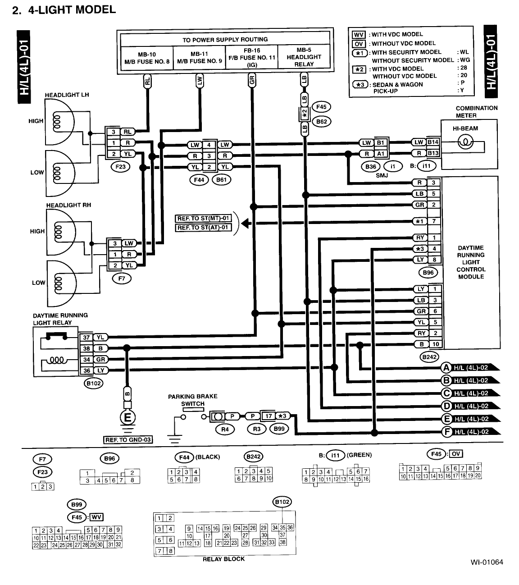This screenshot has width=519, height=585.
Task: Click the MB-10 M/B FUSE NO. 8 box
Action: (147, 58)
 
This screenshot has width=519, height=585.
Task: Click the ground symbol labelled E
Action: (127, 418)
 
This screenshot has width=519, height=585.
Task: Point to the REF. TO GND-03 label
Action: (128, 440)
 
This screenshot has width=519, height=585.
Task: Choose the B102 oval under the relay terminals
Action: (94, 383)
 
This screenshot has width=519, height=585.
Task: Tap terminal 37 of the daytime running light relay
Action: (86, 337)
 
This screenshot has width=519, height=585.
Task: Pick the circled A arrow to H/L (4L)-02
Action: (447, 367)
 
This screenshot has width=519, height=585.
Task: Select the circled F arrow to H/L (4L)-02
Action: (447, 432)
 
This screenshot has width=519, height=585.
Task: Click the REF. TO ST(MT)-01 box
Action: (203, 219)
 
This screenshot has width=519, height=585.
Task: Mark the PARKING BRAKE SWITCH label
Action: (192, 400)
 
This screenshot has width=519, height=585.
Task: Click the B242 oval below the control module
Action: (428, 357)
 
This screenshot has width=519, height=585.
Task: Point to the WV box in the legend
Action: (358, 34)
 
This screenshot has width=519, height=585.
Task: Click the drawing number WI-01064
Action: (487, 562)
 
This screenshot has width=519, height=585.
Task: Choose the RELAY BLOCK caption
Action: (223, 559)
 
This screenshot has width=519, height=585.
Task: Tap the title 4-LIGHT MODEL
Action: (72, 9)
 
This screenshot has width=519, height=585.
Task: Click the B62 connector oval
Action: (321, 121)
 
